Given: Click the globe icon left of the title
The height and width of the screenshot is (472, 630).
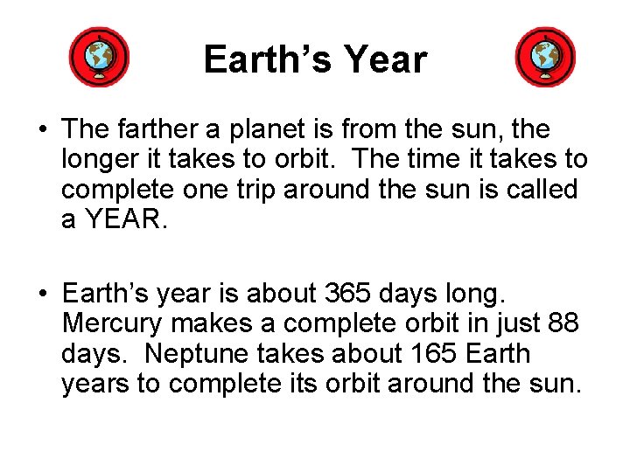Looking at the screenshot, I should pos(99,58).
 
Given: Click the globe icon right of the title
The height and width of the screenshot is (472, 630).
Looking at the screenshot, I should pos(545,58).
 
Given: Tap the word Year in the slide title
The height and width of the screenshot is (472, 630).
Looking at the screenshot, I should pos(385,60).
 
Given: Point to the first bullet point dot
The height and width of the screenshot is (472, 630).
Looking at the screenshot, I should pos(42,131).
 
